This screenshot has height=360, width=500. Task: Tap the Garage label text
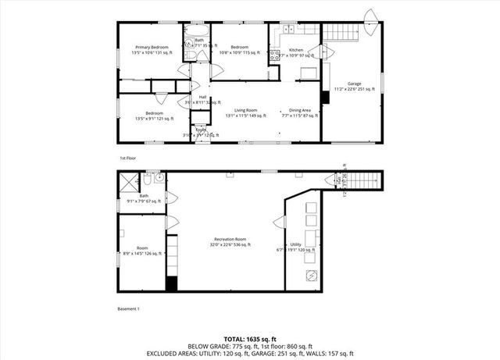[x=354, y=84]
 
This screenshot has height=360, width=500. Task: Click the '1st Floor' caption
[x=127, y=158]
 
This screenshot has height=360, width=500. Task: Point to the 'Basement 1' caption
[x=128, y=309]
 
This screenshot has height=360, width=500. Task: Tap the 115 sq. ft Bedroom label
[x=237, y=50]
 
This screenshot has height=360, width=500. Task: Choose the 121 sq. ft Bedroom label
[x=148, y=116]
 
